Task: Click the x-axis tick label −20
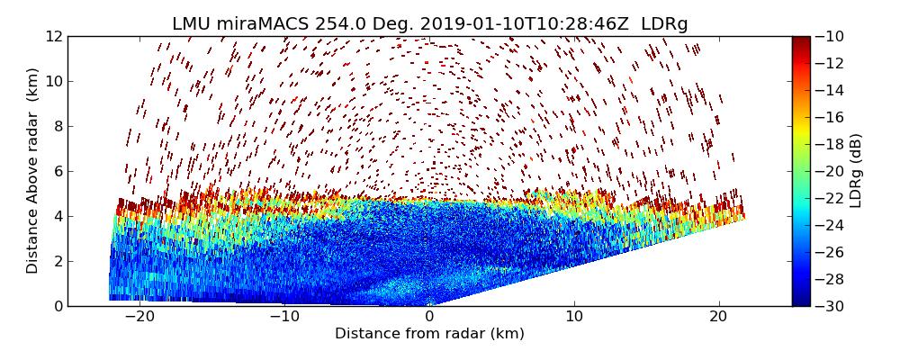(139, 317)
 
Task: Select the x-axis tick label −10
(284, 317)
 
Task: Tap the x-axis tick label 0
(429, 317)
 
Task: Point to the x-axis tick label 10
(574, 317)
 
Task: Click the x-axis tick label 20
(718, 317)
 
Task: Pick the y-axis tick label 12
(51, 36)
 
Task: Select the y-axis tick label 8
(56, 126)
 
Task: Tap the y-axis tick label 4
(56, 216)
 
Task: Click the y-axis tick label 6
(56, 171)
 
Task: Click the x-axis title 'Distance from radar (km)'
(429, 334)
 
